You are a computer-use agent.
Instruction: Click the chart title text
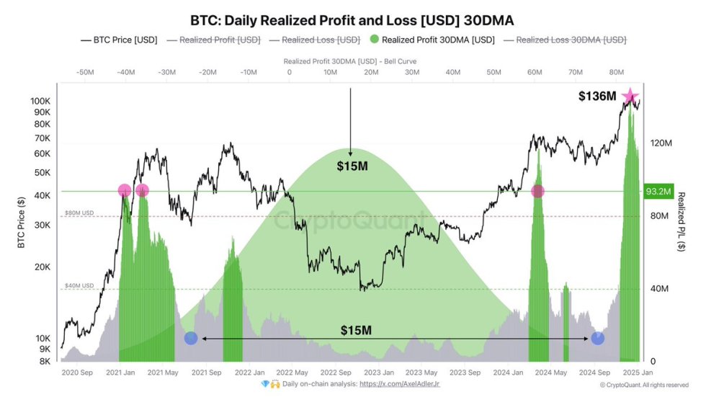[x=352, y=19]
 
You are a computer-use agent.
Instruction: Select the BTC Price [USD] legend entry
[x=119, y=40]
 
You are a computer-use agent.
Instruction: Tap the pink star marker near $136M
[x=630, y=97]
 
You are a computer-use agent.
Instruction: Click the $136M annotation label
[x=598, y=97]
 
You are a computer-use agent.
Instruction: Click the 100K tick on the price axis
[x=40, y=102]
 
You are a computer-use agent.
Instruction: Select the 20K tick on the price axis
[x=43, y=267]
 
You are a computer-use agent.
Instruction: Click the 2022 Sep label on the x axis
[x=336, y=373]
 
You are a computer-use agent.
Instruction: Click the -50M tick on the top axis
[x=85, y=72]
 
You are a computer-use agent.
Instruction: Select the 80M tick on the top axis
[x=616, y=72]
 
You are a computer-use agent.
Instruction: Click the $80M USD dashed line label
[x=79, y=213]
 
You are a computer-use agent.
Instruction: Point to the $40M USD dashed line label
[x=79, y=286]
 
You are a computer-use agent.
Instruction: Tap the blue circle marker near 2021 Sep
[x=191, y=338]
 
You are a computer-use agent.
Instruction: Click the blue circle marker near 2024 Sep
[x=597, y=338]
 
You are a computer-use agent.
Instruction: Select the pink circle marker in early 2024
[x=537, y=191]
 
